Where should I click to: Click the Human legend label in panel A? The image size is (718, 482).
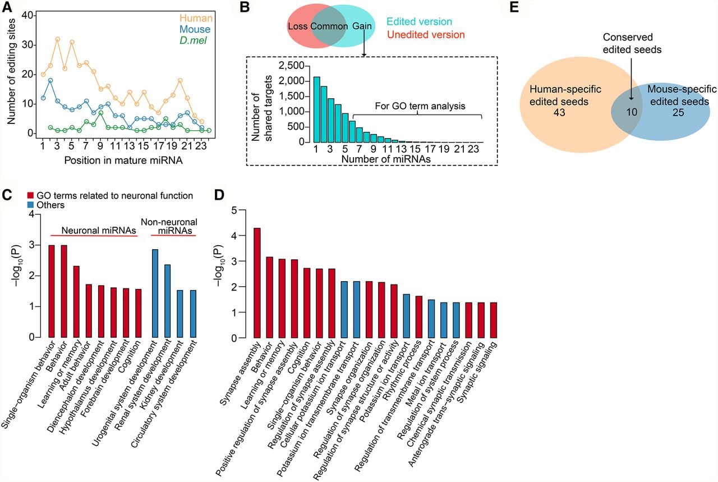coord(196,18)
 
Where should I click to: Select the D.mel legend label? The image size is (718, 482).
coord(193,40)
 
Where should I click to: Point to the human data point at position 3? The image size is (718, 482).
coord(58,39)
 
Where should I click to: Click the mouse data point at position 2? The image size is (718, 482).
coord(50,80)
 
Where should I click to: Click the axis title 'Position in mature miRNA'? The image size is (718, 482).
coord(123,160)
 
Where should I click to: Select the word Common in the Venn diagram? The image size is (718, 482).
coord(329,26)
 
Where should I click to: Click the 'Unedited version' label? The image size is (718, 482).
coord(426,34)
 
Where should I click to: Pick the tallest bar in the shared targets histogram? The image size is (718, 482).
coord(317,109)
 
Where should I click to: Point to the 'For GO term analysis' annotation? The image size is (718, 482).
coord(420,106)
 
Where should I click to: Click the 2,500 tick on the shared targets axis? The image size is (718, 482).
coord(291,66)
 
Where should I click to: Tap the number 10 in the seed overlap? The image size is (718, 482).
coord(632,112)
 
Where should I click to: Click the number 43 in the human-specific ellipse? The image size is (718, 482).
coord(559,112)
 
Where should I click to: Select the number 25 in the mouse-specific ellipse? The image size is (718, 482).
coord(678,112)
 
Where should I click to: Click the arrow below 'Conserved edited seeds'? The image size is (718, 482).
coord(631,79)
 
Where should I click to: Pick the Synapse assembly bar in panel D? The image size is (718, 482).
coord(257,283)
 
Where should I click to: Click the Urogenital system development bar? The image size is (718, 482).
coord(155,293)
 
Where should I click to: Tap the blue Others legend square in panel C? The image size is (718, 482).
coord(30,205)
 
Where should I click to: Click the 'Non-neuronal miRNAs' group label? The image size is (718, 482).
coord(169,226)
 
